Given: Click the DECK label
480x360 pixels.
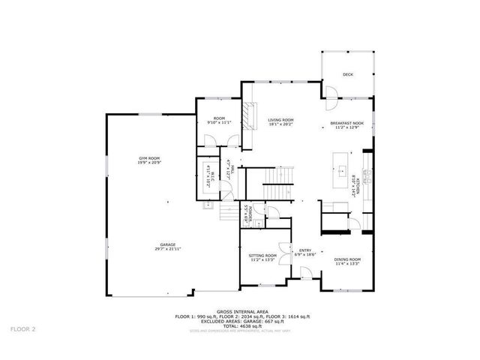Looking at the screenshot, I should pyautogui.click(x=347, y=74).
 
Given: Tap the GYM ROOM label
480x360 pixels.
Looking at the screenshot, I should pyautogui.click(x=149, y=157).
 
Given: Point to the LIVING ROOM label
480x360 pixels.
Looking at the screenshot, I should pyautogui.click(x=281, y=120).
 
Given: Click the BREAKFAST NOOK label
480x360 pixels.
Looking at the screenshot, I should pyautogui.click(x=347, y=123).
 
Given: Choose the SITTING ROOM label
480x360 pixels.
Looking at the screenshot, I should pyautogui.click(x=262, y=256).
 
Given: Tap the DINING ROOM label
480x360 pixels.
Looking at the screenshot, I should pyautogui.click(x=348, y=259).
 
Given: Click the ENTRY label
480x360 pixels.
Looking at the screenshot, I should pyautogui.click(x=305, y=250).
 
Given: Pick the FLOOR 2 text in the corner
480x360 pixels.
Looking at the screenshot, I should pyautogui.click(x=22, y=328).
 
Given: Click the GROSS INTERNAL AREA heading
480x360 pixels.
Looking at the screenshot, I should pyautogui.click(x=239, y=311).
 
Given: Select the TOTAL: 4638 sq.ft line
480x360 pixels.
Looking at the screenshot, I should pyautogui.click(x=239, y=324).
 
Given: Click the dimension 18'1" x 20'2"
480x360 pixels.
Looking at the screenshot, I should pyautogui.click(x=281, y=124).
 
